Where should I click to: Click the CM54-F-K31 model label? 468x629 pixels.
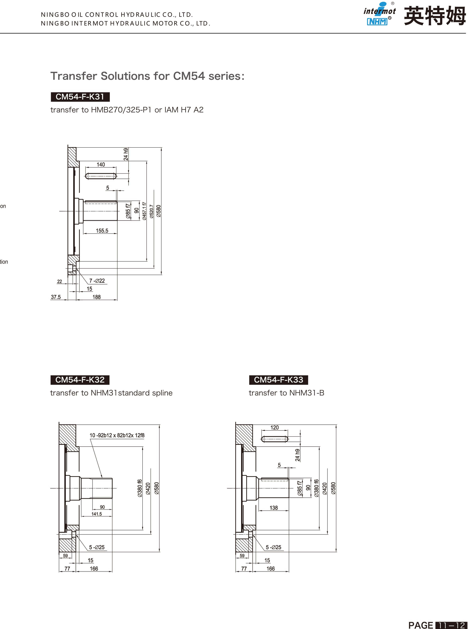[80, 97]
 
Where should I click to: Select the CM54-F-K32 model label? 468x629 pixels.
[80, 380]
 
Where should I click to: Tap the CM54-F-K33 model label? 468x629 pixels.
[279, 380]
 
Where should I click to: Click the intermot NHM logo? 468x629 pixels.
[379, 14]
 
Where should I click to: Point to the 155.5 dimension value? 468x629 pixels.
[102, 231]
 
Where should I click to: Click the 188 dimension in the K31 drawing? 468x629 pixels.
[97, 297]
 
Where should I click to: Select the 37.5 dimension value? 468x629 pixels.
[55, 297]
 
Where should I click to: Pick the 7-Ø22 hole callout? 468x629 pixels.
[97, 281]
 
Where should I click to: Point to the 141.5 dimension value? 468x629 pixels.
[97, 514]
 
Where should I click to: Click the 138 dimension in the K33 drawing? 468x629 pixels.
[274, 508]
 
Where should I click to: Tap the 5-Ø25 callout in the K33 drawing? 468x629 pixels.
[273, 547]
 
